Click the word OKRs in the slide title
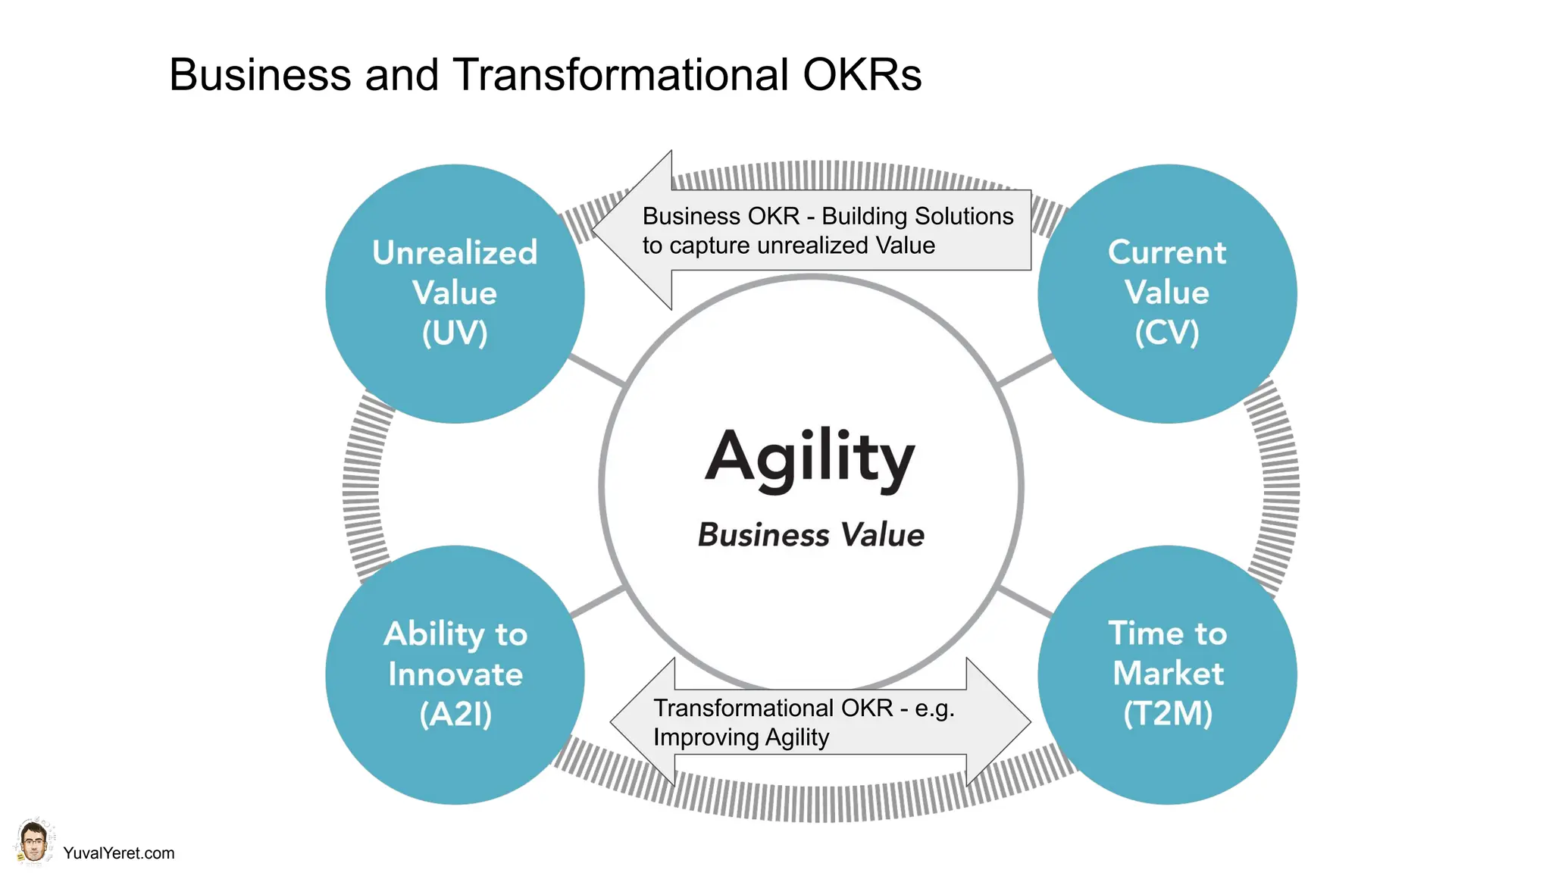pyautogui.click(x=862, y=75)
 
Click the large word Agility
pyautogui.click(x=810, y=457)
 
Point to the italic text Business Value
pyautogui.click(x=811, y=535)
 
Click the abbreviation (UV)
pyautogui.click(x=455, y=333)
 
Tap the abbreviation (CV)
pyautogui.click(x=1167, y=333)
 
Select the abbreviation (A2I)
pyautogui.click(x=455, y=714)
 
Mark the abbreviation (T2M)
pyautogui.click(x=1168, y=714)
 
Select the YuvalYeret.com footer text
pyautogui.click(x=119, y=853)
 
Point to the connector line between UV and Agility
pyautogui.click(x=597, y=370)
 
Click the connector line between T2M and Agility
pyautogui.click(x=1025, y=602)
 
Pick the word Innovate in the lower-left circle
pyautogui.click(x=455, y=674)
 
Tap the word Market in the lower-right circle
pyautogui.click(x=1168, y=673)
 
